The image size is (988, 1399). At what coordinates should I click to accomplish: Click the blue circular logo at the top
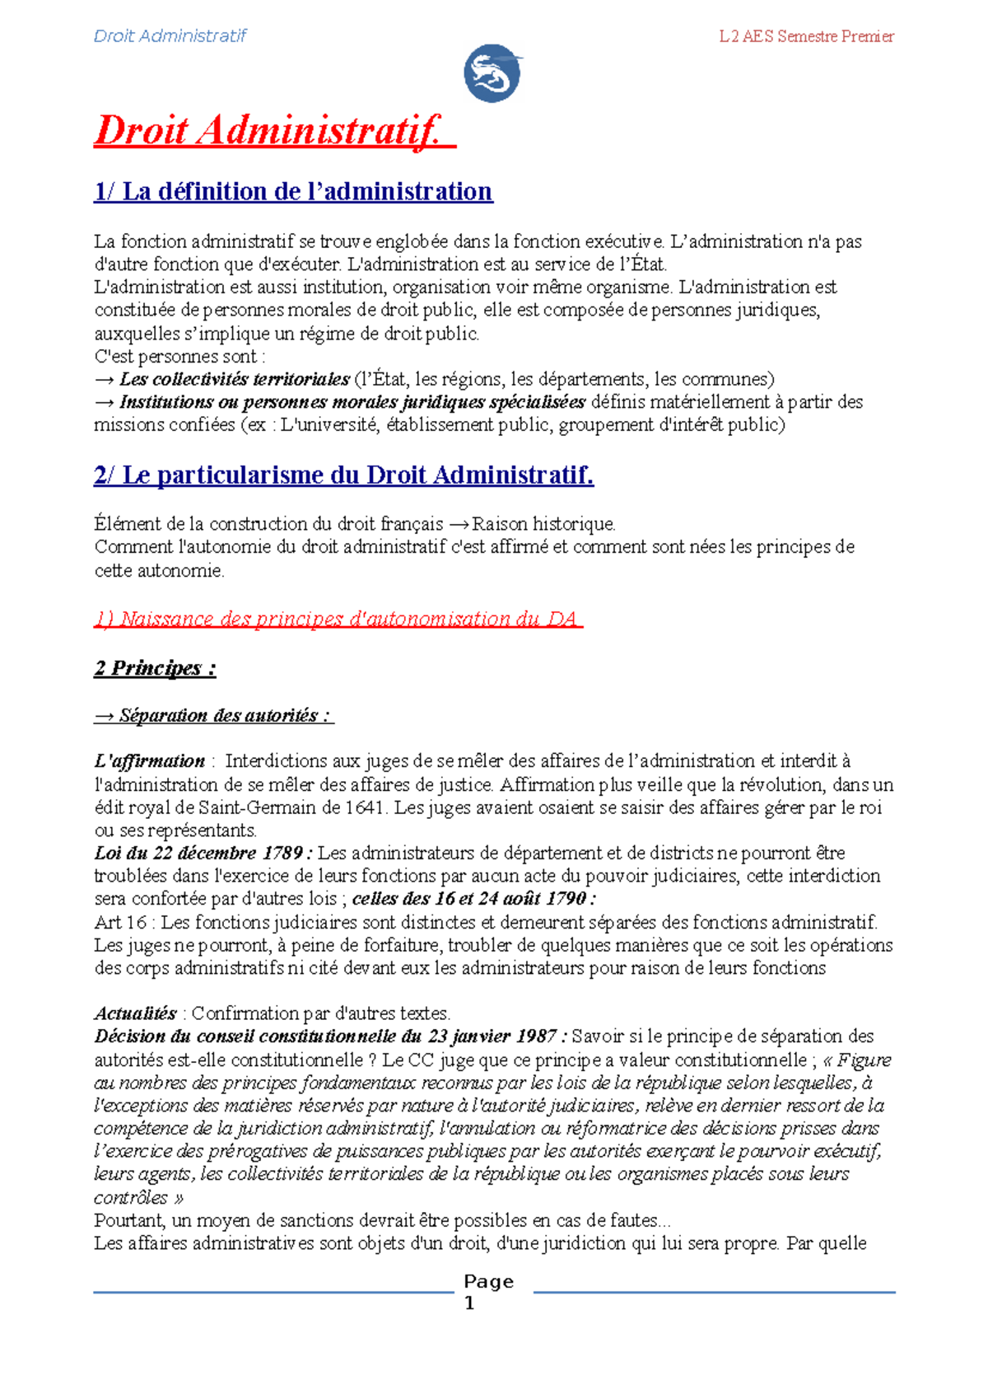(492, 73)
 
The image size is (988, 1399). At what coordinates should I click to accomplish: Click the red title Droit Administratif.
(274, 131)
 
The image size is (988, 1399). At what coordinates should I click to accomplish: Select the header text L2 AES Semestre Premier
(806, 36)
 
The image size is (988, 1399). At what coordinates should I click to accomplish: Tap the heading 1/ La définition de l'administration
(293, 191)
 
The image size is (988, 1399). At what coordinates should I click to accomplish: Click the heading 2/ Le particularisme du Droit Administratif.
(343, 475)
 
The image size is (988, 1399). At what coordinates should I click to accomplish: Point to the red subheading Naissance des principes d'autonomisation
(338, 619)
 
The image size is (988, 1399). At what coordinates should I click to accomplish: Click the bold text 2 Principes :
(155, 667)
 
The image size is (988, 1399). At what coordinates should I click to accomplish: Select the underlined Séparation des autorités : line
(214, 715)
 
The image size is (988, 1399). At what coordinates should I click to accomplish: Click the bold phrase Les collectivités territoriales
(234, 380)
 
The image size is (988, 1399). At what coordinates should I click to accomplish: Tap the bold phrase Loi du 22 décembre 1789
(203, 853)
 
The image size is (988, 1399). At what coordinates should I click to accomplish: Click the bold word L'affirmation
(150, 760)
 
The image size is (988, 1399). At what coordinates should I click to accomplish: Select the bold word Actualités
(135, 1013)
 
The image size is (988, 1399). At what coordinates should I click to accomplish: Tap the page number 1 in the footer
(470, 1303)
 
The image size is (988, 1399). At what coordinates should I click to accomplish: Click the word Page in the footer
(488, 1281)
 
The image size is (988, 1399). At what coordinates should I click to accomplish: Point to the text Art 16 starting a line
(120, 922)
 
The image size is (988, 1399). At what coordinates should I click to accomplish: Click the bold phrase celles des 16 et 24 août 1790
(473, 899)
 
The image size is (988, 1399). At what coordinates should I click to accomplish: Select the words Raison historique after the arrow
(543, 524)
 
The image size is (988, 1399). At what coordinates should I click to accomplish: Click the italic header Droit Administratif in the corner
(170, 35)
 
